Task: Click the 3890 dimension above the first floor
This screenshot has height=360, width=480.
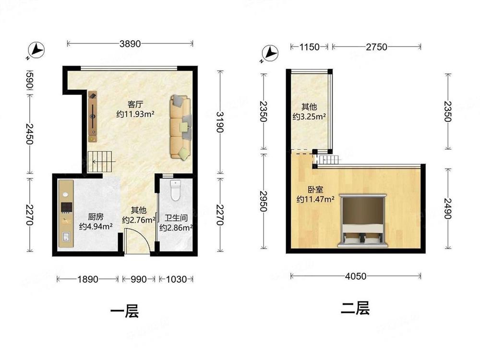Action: coord(130,44)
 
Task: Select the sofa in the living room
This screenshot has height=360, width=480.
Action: coord(180,127)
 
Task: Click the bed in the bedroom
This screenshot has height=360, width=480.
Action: coord(362,220)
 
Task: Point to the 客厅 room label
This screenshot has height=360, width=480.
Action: coord(135,104)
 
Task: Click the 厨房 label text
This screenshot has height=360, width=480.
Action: coord(96,217)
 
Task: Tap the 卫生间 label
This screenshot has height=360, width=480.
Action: coord(176,218)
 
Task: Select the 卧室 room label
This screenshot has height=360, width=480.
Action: coord(315,190)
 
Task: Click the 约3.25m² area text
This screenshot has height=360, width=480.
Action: coord(309,117)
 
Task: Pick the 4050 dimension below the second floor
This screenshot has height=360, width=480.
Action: coord(356,276)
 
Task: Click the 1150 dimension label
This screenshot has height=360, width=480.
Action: coord(309,47)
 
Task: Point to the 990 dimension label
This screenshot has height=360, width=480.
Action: coord(139,279)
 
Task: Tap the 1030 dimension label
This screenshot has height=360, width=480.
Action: coord(176,279)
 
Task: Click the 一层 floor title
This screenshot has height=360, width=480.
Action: coord(125,312)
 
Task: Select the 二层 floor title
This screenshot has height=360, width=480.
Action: coord(355,308)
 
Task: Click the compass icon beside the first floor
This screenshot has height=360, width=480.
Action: coord(36,49)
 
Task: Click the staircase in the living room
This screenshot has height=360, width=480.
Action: coord(101,162)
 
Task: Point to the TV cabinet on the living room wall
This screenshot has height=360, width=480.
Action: coord(93,116)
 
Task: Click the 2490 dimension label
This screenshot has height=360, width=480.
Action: coord(448,209)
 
